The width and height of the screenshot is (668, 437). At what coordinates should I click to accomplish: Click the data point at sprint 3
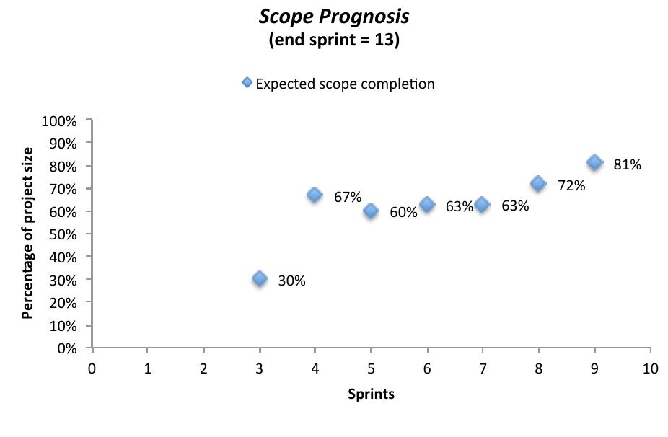260,278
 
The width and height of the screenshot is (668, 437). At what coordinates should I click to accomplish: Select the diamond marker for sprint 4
315,195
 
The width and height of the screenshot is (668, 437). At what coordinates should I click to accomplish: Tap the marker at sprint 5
371,211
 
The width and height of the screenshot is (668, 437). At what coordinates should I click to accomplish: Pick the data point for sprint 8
538,183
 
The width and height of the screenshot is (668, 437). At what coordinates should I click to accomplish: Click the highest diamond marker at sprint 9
594,162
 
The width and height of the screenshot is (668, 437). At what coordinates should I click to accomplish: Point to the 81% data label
627,164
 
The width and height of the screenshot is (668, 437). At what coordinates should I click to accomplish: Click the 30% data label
292,281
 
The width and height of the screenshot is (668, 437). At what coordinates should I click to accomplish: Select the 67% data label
348,197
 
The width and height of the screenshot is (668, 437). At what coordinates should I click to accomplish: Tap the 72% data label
571,185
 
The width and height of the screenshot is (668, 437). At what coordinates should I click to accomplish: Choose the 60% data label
403,213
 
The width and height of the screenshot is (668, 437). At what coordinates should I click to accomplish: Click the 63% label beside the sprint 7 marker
515,206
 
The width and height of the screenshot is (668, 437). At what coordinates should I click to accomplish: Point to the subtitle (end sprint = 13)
333,40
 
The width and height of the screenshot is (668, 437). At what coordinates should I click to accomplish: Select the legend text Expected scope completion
345,84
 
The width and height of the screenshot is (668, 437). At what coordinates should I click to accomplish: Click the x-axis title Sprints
371,394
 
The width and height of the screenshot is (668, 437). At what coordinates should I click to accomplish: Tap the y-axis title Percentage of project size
27,233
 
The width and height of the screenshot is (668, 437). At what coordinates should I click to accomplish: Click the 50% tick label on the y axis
63,234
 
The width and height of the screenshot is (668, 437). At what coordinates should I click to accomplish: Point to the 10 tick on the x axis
650,368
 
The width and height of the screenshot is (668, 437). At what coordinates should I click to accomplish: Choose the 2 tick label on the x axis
203,368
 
